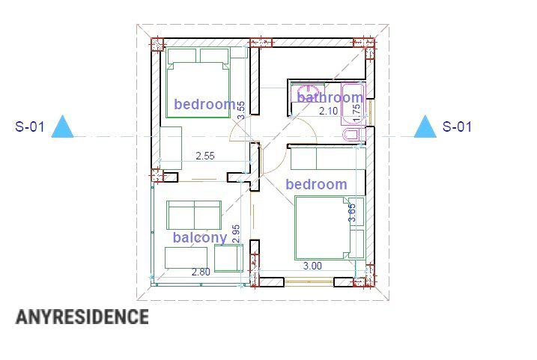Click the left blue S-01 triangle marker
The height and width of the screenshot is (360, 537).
tap(63, 128)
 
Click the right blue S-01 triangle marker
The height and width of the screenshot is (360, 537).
tap(425, 128)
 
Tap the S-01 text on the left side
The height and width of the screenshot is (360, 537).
tap(30, 126)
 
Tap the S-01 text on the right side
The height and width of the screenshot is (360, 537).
tap(457, 126)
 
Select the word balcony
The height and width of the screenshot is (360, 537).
tap(199, 238)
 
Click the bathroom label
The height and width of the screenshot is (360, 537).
tap(330, 97)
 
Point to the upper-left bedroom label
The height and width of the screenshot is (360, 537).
tap(204, 104)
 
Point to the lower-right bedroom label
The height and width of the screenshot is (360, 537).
tap(316, 184)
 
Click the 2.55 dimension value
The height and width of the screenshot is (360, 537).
tap(205, 156)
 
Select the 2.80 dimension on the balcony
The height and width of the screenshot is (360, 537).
tap(201, 272)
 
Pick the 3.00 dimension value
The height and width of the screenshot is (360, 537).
tap(312, 266)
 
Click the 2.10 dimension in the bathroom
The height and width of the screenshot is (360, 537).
tap(329, 112)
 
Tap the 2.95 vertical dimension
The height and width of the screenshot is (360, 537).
tap(237, 234)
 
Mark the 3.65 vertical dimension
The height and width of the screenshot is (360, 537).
tap(352, 213)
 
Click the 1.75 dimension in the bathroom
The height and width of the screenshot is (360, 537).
tap(357, 109)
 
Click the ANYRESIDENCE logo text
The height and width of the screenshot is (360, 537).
tap(82, 317)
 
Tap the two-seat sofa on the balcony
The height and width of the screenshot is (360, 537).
tap(194, 216)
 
